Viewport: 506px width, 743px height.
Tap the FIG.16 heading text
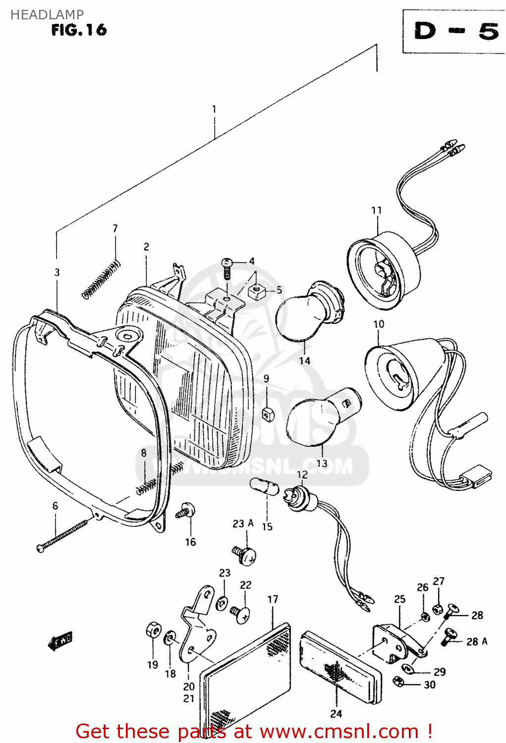(x=79, y=30)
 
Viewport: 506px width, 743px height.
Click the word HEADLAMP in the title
(x=47, y=15)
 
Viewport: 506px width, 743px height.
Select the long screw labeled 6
(x=64, y=533)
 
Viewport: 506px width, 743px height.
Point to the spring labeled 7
(x=101, y=280)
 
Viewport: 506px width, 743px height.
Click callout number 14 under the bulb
(x=304, y=361)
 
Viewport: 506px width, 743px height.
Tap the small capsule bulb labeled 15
(x=265, y=486)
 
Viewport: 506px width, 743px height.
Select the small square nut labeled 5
(x=256, y=291)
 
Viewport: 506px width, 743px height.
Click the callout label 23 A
(x=243, y=524)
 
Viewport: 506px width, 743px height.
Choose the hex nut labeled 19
(x=153, y=631)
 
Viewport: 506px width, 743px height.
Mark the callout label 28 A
(x=476, y=641)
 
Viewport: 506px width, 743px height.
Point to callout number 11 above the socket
(x=376, y=211)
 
